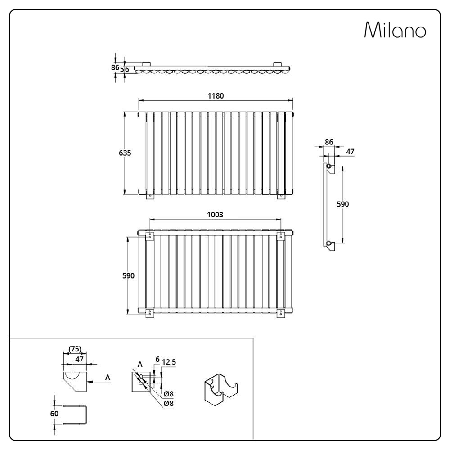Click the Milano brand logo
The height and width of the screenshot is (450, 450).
395,30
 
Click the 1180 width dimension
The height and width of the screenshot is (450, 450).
216,96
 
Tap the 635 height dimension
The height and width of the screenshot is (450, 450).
125,153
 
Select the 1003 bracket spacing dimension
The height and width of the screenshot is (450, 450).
215,215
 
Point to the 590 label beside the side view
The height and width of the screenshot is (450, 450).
342,204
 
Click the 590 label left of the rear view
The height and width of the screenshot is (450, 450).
128,275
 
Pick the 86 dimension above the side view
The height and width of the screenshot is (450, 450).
329,142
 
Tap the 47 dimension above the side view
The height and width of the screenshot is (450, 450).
350,152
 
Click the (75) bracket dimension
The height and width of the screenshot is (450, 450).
75,349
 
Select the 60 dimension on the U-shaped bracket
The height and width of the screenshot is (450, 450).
54,414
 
